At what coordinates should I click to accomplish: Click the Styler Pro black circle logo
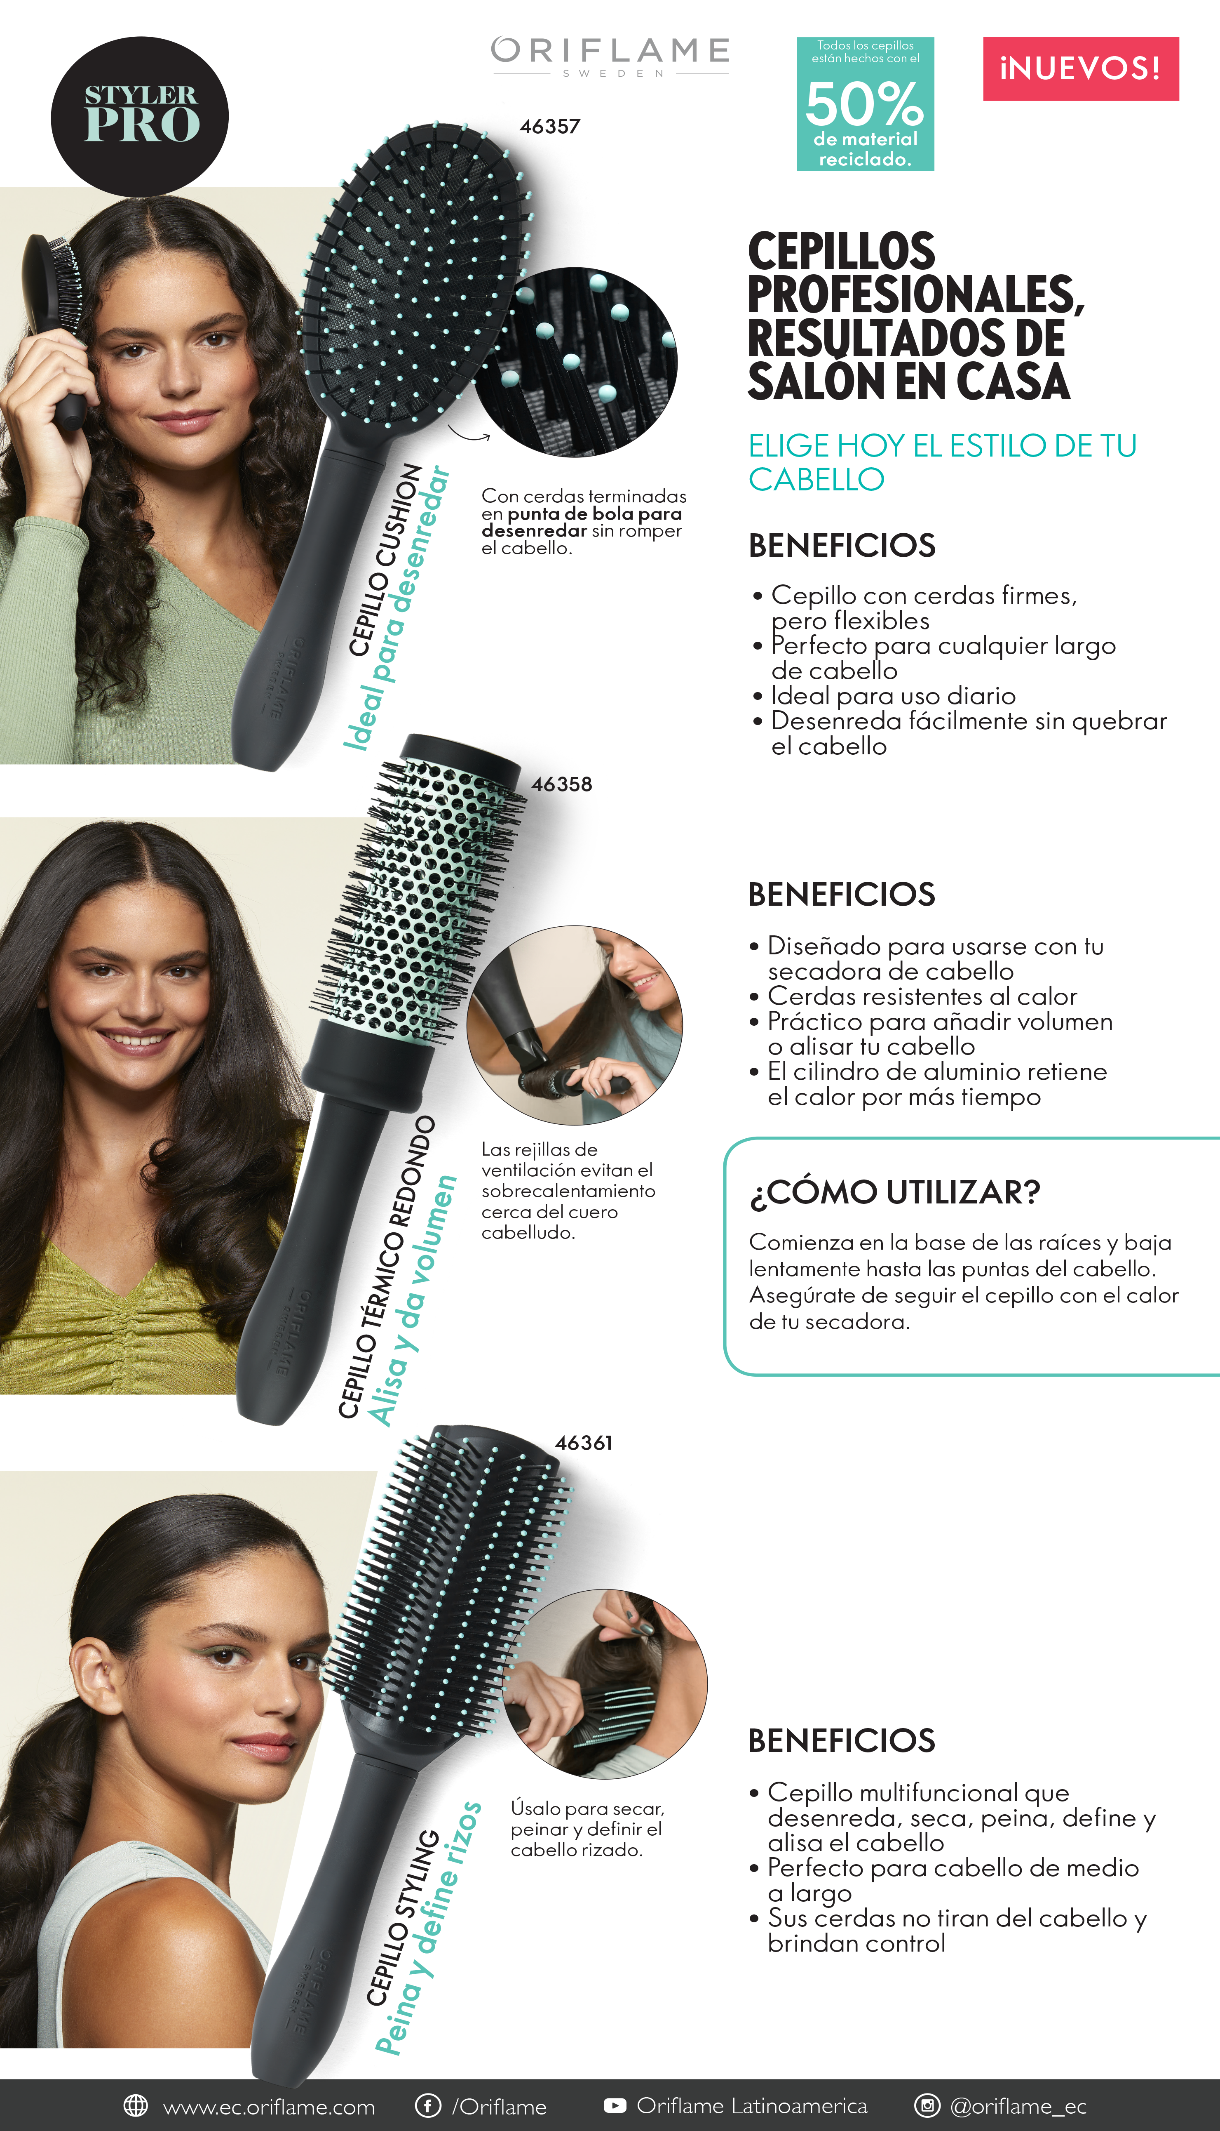tap(140, 116)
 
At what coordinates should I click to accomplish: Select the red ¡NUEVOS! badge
tap(1081, 69)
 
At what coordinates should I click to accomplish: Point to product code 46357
tap(550, 127)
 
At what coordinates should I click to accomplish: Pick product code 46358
tap(561, 785)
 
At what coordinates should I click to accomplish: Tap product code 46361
tap(584, 1443)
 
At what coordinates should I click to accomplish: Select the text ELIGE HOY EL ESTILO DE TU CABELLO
tap(943, 462)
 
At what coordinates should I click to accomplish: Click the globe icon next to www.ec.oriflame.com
tap(136, 2105)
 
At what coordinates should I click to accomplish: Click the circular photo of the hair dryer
tap(575, 1024)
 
